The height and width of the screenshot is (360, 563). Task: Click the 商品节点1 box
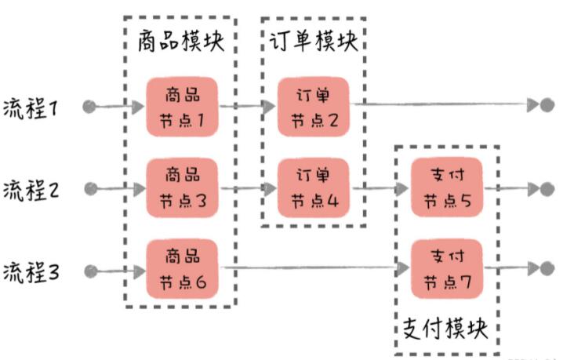coord(182,107)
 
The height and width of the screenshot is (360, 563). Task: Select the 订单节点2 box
coord(314,107)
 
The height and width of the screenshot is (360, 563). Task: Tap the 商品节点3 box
coord(182,188)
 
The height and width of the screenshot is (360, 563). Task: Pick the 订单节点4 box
coord(314,188)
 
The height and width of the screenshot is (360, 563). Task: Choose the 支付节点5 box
coord(447,187)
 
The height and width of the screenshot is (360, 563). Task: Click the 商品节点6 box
coord(182,269)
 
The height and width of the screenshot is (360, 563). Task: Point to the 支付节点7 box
coord(447,269)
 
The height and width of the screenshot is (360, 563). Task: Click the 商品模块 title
coord(181,41)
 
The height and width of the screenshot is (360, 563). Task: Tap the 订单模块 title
coord(314,41)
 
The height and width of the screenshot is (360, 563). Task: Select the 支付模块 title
coord(445,328)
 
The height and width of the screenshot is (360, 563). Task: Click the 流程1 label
coord(30,108)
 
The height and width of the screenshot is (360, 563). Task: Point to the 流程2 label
coord(31,190)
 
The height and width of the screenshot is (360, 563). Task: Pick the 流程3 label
coord(31,271)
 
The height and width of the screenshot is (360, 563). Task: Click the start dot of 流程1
coord(89,107)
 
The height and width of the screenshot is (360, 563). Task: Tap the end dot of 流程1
coord(547,105)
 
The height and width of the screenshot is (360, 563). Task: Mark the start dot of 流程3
coord(91,271)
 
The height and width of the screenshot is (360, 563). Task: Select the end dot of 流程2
coord(547,189)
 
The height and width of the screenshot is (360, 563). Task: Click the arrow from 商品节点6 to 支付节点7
coord(315,267)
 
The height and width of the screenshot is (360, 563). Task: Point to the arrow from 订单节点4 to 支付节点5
coord(380,188)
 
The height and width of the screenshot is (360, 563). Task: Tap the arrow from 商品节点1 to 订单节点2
coord(248,107)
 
